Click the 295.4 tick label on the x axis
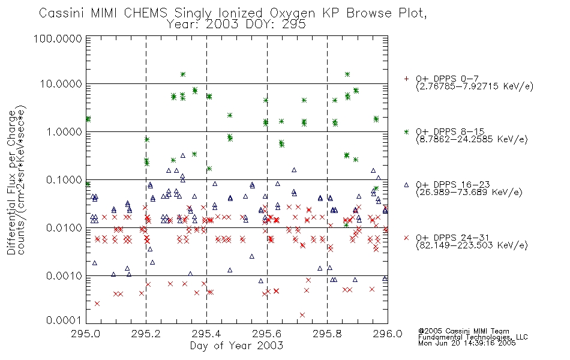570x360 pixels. point(206,334)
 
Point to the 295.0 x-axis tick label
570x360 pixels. point(86,334)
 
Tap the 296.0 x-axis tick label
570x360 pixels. point(387,334)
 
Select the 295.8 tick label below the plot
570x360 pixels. point(327,334)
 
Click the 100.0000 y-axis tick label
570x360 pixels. point(61,40)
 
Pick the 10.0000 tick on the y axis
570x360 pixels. point(63,85)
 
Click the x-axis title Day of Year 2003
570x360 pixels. point(236,346)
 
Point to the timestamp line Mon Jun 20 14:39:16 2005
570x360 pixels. point(467,344)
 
